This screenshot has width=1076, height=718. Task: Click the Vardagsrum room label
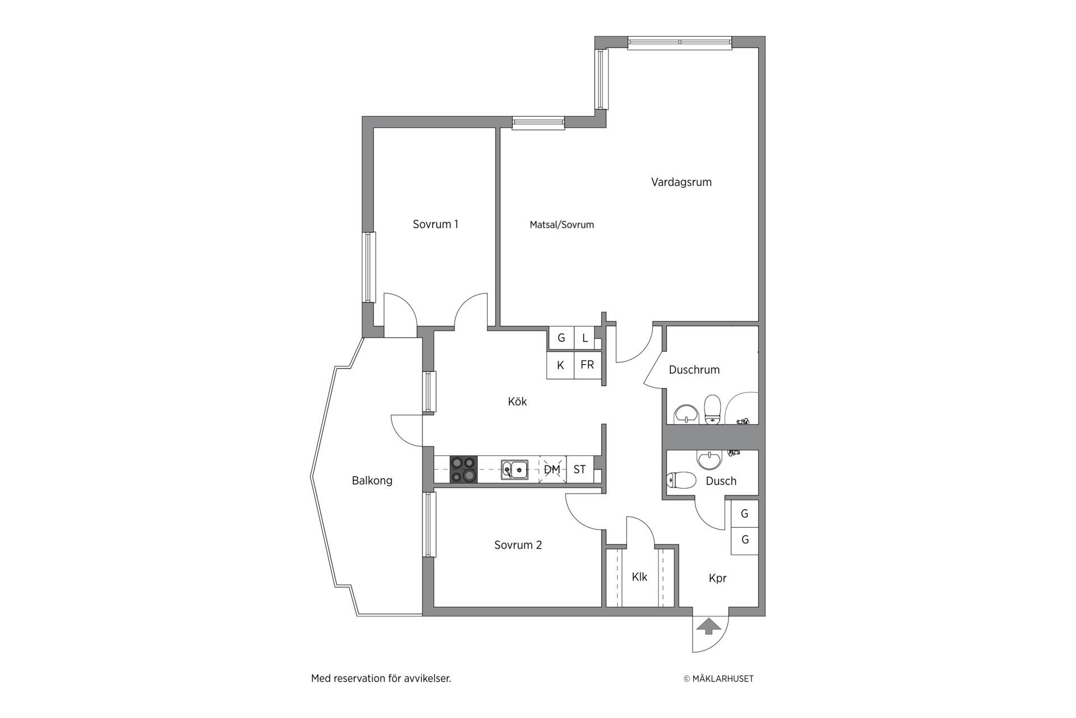(x=681, y=182)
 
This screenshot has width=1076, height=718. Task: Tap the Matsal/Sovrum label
(x=562, y=225)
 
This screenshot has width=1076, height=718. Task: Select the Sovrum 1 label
(x=435, y=224)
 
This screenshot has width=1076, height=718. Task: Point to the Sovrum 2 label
(x=518, y=545)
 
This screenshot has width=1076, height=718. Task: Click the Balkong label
(x=372, y=481)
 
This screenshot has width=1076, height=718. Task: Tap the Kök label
(x=517, y=402)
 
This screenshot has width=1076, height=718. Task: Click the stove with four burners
(x=463, y=469)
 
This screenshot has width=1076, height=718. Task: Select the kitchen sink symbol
(x=514, y=469)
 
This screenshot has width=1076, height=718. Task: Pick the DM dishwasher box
(x=553, y=469)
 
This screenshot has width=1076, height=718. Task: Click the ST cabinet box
(x=580, y=469)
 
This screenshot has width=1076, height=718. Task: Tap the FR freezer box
(x=587, y=365)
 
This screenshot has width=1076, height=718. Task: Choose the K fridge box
(x=560, y=365)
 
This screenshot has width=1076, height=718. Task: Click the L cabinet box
(x=585, y=338)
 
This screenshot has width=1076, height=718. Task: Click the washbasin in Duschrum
(x=685, y=413)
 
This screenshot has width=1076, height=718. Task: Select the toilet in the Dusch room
(x=680, y=480)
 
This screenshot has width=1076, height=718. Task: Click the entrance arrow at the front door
(x=709, y=626)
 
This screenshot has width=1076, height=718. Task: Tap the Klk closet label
(x=639, y=577)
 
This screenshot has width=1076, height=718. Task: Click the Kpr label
(x=717, y=579)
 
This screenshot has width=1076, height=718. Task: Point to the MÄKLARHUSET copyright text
(x=718, y=679)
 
